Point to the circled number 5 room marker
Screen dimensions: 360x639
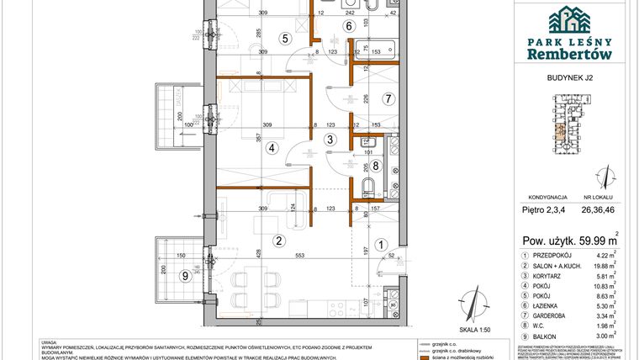click(285, 38)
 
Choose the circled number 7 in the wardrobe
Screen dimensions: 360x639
click(388, 99)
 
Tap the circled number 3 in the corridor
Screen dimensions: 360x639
click(330, 139)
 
